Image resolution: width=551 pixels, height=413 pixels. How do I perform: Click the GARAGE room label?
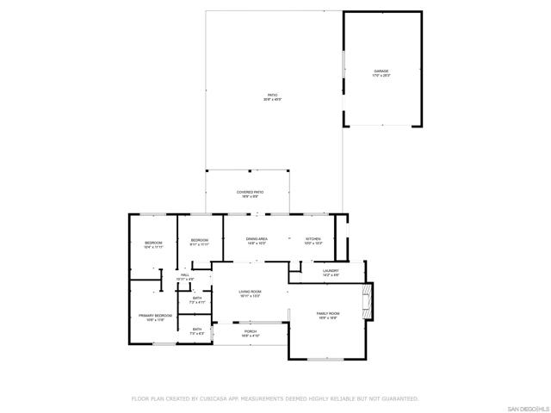pos(381,71)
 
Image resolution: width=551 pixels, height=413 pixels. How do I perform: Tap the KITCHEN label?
pos(313,238)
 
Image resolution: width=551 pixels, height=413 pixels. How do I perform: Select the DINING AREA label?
pos(257,238)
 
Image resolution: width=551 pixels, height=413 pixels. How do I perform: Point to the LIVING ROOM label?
pos(250,292)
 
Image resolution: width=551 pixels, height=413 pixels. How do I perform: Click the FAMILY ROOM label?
pos(328,313)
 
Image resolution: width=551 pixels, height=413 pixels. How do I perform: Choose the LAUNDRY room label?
pos(331,271)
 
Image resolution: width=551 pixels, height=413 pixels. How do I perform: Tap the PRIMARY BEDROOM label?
pos(156,316)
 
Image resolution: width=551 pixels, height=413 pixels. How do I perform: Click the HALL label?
pos(185,274)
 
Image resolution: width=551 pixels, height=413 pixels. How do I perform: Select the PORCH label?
pos(250,331)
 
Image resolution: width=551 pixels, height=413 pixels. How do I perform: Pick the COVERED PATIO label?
pos(250,192)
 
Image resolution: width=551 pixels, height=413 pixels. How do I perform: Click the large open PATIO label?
pos(272,95)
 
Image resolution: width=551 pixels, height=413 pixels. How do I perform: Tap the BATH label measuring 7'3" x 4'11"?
pos(197,298)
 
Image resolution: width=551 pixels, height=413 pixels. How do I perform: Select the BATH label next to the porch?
pos(197,329)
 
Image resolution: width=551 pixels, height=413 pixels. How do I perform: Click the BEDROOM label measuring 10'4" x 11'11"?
pos(153,243)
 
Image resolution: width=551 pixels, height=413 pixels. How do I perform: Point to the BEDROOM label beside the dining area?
pos(200,239)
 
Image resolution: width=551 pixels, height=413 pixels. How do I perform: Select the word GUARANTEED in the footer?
pos(399,398)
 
